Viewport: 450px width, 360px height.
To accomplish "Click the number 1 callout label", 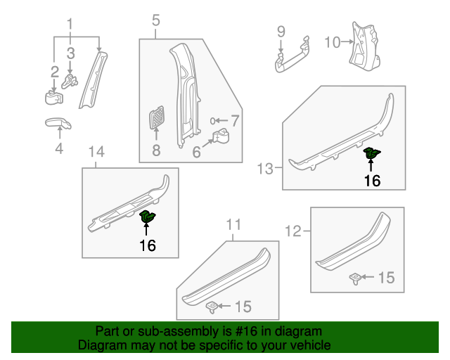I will click(70, 26).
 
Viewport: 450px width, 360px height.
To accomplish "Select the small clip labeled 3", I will click(70, 79).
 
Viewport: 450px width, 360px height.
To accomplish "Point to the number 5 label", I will click(156, 22).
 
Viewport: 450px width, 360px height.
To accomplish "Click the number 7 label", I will click(235, 120).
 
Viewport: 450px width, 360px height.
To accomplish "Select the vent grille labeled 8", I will click(156, 117).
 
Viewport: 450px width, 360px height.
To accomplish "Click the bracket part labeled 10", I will click(364, 44).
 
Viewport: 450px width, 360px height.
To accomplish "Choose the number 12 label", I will click(293, 230).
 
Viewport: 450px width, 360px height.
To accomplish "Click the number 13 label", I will click(264, 169).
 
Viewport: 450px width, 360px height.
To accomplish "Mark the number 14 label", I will click(96, 152).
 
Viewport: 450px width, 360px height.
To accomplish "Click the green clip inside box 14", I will click(148, 217).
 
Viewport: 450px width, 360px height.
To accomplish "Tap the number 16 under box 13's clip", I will click(372, 181).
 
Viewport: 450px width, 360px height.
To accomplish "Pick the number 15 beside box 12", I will click(386, 278).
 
